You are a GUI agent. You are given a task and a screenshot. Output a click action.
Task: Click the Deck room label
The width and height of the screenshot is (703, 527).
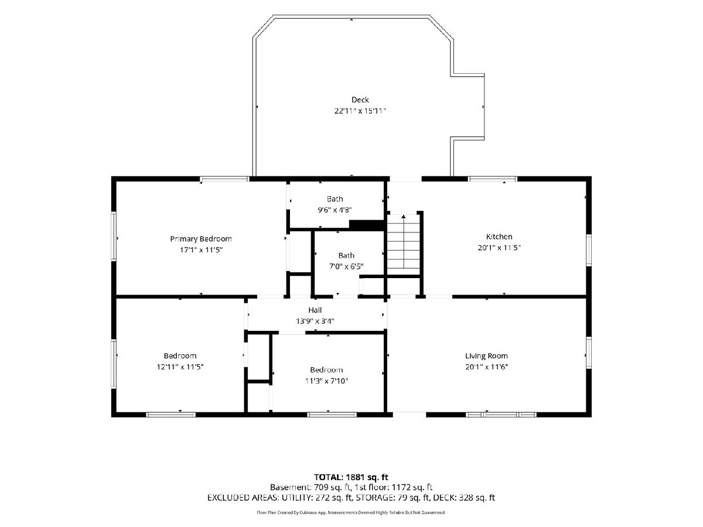pos(360,100)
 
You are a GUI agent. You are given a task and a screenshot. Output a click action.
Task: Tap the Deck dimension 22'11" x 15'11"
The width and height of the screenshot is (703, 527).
pos(360,111)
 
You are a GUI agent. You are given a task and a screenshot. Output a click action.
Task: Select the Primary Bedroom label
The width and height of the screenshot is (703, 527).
pos(201,239)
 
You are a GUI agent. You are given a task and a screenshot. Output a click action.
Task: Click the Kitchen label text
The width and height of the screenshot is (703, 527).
pos(499,237)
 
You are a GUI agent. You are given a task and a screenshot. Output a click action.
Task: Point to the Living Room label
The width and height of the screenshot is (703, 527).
pos(486,356)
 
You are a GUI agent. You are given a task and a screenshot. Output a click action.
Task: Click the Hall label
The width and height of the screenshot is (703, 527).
pos(315,310)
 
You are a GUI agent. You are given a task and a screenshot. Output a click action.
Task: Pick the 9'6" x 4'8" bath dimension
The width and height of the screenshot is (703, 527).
pos(335,210)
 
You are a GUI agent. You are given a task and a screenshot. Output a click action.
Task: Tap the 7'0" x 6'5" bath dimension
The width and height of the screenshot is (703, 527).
pos(346,266)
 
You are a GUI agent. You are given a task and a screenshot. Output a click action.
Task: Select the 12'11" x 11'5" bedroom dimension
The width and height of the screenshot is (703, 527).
pos(180,367)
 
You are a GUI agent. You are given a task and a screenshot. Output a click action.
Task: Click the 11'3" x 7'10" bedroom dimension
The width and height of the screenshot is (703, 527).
pos(326,381)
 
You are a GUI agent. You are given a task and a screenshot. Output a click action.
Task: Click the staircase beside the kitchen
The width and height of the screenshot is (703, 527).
pos(404,245)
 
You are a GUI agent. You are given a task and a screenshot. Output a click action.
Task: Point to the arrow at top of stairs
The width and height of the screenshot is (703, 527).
pos(404,217)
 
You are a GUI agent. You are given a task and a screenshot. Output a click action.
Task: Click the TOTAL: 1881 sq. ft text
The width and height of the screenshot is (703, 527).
pos(351,477)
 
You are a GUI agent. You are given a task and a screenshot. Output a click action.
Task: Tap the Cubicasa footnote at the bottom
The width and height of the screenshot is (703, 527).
pos(351,512)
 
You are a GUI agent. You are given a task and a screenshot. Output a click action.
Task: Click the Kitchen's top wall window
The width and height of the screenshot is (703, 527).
pos(493,179)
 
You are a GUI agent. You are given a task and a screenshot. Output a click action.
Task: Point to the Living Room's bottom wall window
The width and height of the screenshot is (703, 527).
pos(501,415)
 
